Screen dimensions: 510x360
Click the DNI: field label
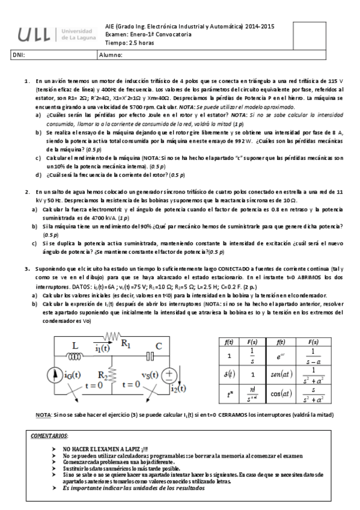[19, 55]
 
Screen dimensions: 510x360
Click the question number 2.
[26, 191]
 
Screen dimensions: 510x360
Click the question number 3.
[26, 269]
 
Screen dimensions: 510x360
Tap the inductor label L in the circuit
[76, 346]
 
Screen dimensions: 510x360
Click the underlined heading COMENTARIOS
[52, 435]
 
